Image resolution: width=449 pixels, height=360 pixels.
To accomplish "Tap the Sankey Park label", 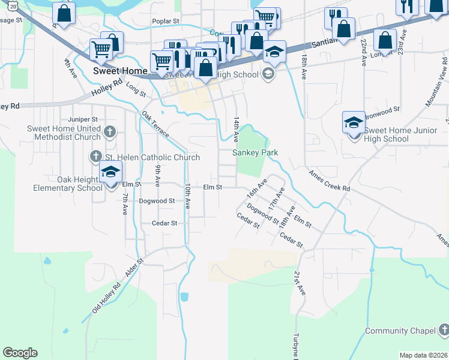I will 256,152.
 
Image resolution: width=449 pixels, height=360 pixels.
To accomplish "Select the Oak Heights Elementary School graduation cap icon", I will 110,173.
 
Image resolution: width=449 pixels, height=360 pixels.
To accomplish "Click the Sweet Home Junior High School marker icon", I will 354,123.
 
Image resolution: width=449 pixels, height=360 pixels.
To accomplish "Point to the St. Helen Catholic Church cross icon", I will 95,157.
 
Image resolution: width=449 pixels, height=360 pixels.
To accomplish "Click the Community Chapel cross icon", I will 443,331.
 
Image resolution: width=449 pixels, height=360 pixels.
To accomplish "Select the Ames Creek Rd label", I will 329,180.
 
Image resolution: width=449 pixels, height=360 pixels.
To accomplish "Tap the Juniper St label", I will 83,119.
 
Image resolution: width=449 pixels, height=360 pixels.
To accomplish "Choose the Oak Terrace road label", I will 155,124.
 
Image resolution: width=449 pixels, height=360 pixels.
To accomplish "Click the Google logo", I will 20,353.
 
